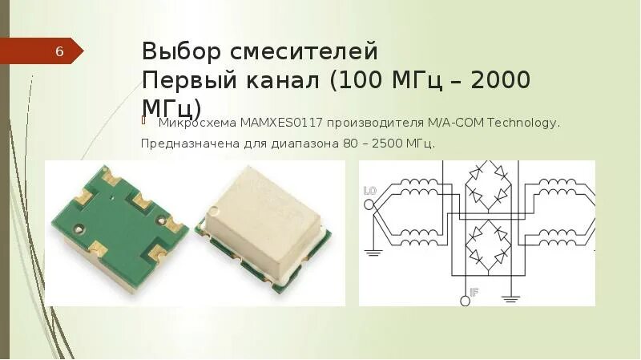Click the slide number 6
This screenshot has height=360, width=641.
[x=59, y=52]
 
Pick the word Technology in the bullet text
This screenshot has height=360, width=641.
[x=522, y=123]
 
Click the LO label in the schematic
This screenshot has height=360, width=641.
[x=370, y=191]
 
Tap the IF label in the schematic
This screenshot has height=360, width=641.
[x=474, y=293]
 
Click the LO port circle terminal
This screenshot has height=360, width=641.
[x=369, y=204]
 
